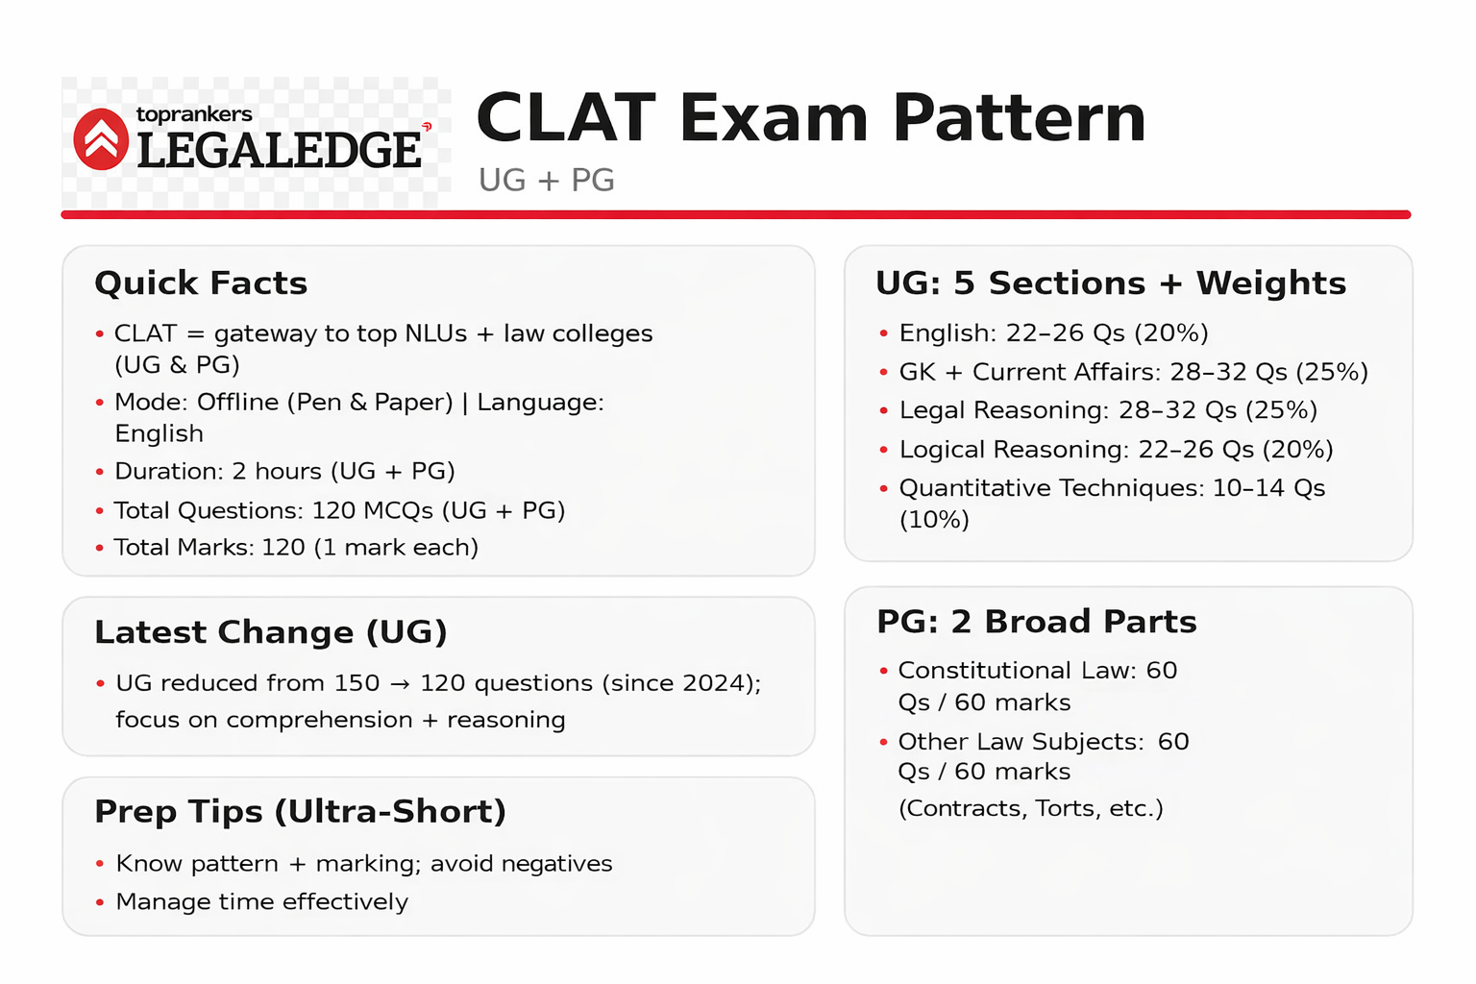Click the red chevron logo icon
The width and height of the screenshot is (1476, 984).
(x=101, y=139)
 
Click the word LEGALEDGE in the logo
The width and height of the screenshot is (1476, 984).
(x=279, y=151)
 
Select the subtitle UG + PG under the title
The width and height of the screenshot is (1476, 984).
(x=546, y=180)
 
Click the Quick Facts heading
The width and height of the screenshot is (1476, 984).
(x=201, y=283)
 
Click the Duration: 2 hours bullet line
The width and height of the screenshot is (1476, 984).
(x=284, y=471)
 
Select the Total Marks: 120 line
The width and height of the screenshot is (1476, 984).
(x=296, y=547)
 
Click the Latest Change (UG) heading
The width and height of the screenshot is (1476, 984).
(x=271, y=632)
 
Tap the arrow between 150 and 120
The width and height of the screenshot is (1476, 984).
(x=400, y=683)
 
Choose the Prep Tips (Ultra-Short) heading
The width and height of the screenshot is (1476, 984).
(x=300, y=812)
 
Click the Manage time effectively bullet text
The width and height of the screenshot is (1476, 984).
(x=261, y=901)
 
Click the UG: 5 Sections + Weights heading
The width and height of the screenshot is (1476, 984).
(x=1111, y=283)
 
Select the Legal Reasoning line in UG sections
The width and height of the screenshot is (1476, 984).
(x=1108, y=410)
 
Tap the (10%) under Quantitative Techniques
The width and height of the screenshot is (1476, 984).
(x=934, y=520)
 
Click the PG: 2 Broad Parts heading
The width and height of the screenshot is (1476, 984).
(x=1037, y=622)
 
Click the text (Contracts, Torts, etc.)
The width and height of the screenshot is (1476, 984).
(x=1030, y=808)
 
